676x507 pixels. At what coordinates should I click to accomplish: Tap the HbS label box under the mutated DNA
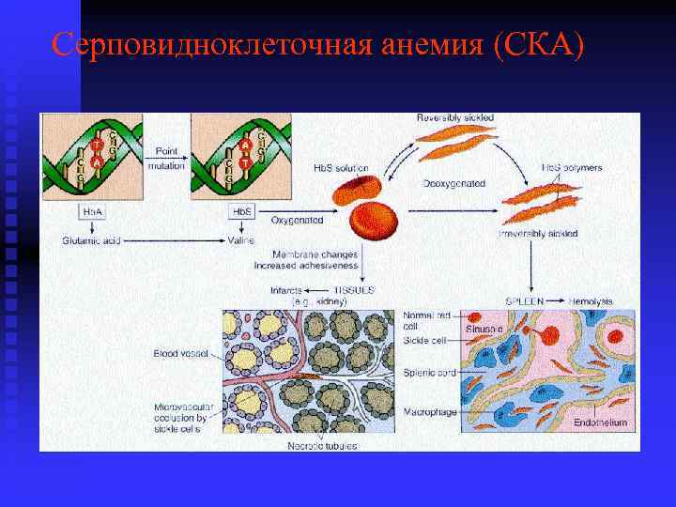242,212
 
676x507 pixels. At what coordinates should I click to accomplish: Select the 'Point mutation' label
167,156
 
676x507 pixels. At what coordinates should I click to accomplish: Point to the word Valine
241,240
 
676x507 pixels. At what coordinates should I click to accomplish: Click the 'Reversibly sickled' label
455,117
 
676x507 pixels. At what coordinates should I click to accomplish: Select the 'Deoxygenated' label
453,184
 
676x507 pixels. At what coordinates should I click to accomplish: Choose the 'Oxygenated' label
298,220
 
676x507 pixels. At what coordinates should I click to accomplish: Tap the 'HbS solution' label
341,168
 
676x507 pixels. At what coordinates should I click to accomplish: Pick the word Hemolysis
591,301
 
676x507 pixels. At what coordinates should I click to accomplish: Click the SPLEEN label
524,301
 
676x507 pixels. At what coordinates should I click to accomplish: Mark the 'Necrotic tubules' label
323,444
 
